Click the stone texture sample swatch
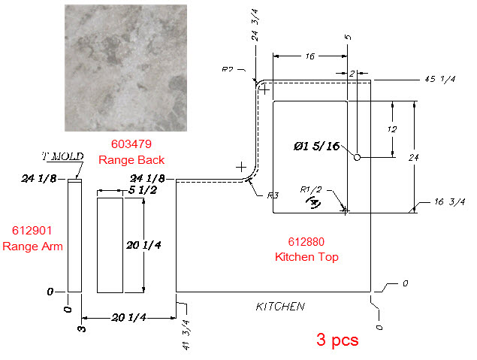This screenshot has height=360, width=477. coord(125,68)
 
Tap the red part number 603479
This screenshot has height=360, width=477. coord(131,144)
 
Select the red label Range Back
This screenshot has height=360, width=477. coord(131,160)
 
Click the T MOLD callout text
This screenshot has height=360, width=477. coord(62,156)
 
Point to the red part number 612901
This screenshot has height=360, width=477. coord(32,231)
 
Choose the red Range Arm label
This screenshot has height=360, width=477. coord(32,247)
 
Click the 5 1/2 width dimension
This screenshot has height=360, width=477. coord(143,190)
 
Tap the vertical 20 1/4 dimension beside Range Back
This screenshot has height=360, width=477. coord(143,245)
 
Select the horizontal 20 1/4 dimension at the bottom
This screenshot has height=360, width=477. coord(129,318)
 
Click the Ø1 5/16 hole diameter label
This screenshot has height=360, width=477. coord(317,146)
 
